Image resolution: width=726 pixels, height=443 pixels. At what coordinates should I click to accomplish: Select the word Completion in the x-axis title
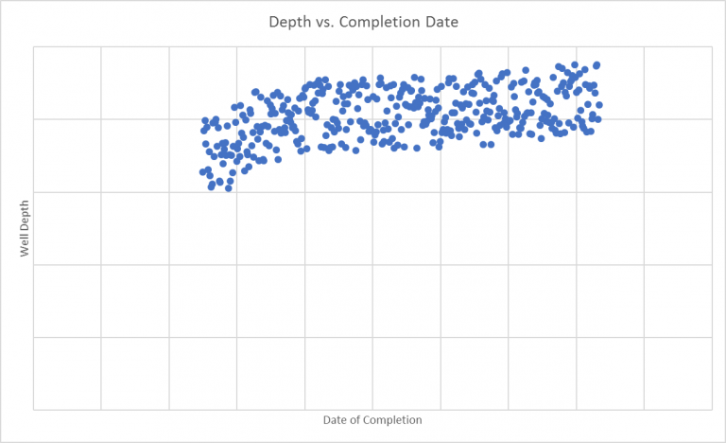pyautogui.click(x=394, y=419)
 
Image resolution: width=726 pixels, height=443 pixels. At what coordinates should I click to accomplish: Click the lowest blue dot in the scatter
pyautogui.click(x=228, y=188)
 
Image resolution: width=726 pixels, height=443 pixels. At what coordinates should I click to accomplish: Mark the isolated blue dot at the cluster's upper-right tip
pyautogui.click(x=596, y=65)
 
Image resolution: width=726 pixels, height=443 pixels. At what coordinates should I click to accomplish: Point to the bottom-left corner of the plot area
pyautogui.click(x=33, y=410)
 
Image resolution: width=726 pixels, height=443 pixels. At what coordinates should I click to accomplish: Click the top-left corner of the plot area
pyautogui.click(x=33, y=46)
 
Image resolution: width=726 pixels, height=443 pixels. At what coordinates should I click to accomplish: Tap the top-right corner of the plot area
pyautogui.click(x=712, y=46)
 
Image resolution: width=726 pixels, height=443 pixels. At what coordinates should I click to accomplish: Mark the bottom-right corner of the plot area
pyautogui.click(x=712, y=410)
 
